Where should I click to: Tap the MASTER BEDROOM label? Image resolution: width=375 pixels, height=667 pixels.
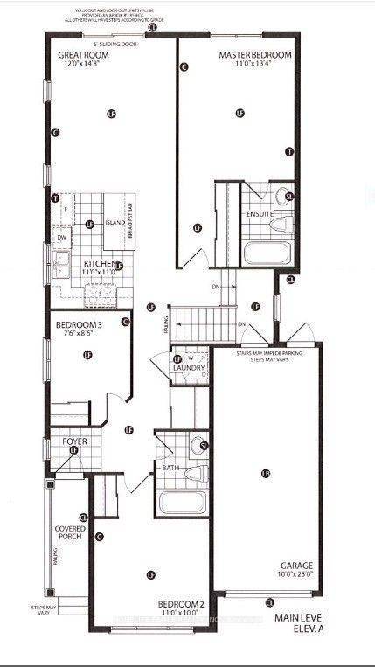click(x=254, y=54)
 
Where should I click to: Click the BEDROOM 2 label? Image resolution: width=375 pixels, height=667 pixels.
click(x=181, y=604)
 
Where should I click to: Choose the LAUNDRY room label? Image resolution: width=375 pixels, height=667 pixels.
click(x=189, y=368)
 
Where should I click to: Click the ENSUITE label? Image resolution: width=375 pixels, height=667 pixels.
click(x=260, y=213)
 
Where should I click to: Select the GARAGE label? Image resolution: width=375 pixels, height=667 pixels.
click(x=297, y=565)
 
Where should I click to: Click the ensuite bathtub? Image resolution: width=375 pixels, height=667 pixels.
click(x=267, y=254)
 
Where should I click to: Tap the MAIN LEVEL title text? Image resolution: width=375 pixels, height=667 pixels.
click(x=298, y=616)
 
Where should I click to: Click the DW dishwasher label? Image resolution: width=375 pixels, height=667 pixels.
click(x=61, y=238)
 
